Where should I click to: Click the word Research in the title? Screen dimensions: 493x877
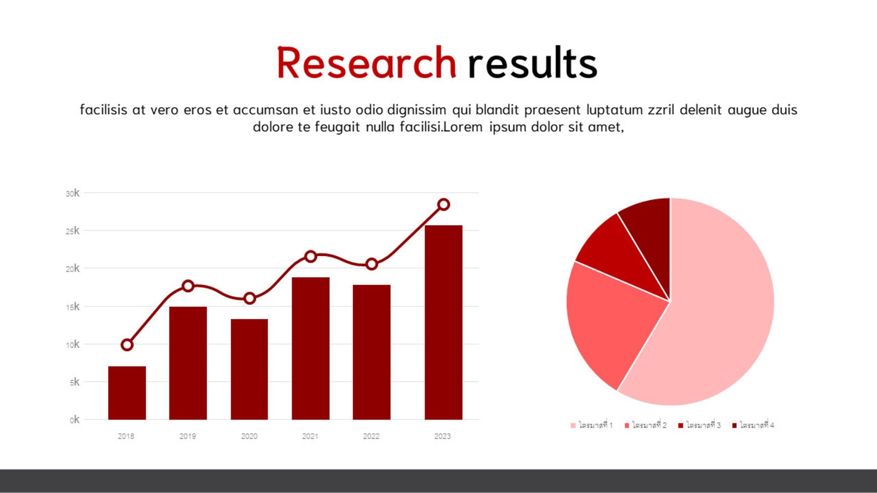pyautogui.click(x=366, y=63)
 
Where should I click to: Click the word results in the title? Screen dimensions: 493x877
pyautogui.click(x=532, y=63)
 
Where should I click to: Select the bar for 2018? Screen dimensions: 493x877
pyautogui.click(x=127, y=393)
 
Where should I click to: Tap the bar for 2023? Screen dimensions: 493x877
pyautogui.click(x=443, y=322)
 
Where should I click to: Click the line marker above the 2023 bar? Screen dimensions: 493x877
pyautogui.click(x=443, y=205)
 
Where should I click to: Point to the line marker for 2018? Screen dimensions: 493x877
pyautogui.click(x=127, y=345)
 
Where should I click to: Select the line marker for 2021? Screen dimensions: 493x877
pyautogui.click(x=310, y=256)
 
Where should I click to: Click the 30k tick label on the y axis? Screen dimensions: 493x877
pyautogui.click(x=72, y=193)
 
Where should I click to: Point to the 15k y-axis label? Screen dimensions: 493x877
pyautogui.click(x=72, y=307)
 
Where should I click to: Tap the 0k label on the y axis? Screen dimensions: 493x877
pyautogui.click(x=75, y=420)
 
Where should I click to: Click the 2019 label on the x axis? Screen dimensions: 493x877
pyautogui.click(x=188, y=436)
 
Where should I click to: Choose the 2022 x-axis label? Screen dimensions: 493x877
pyautogui.click(x=371, y=436)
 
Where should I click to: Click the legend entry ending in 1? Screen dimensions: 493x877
pyautogui.click(x=592, y=425)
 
